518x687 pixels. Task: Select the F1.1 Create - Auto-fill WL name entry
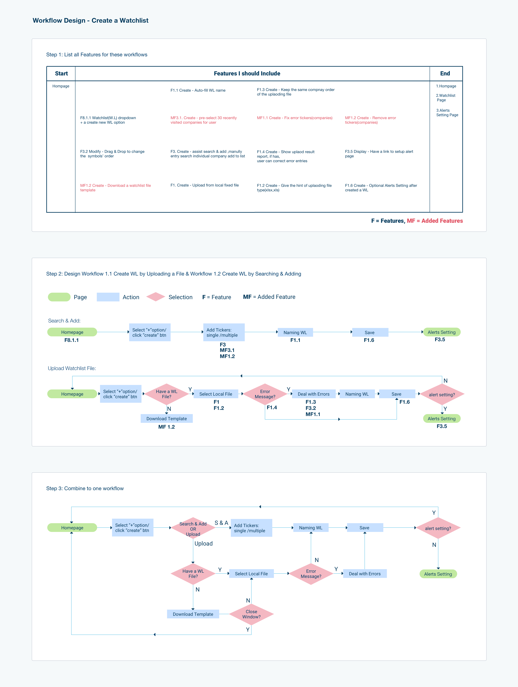point(198,90)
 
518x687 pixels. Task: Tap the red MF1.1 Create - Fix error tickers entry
point(294,118)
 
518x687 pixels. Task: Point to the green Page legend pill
point(59,297)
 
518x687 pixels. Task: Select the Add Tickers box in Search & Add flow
point(224,332)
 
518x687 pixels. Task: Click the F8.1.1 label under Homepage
point(71,340)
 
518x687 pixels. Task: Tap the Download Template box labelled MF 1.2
point(166,419)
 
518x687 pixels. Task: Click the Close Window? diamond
point(251,614)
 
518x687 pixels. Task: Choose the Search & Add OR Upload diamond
point(193,529)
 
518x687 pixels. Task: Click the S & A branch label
point(221,523)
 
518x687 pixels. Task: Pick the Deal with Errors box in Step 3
point(365,574)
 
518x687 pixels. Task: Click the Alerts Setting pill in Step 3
point(438,574)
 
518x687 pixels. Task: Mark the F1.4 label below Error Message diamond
point(272,407)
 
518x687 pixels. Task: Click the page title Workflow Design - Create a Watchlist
point(90,21)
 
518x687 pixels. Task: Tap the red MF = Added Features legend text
point(435,221)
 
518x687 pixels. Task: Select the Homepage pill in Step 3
point(72,528)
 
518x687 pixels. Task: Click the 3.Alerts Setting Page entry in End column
point(447,113)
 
